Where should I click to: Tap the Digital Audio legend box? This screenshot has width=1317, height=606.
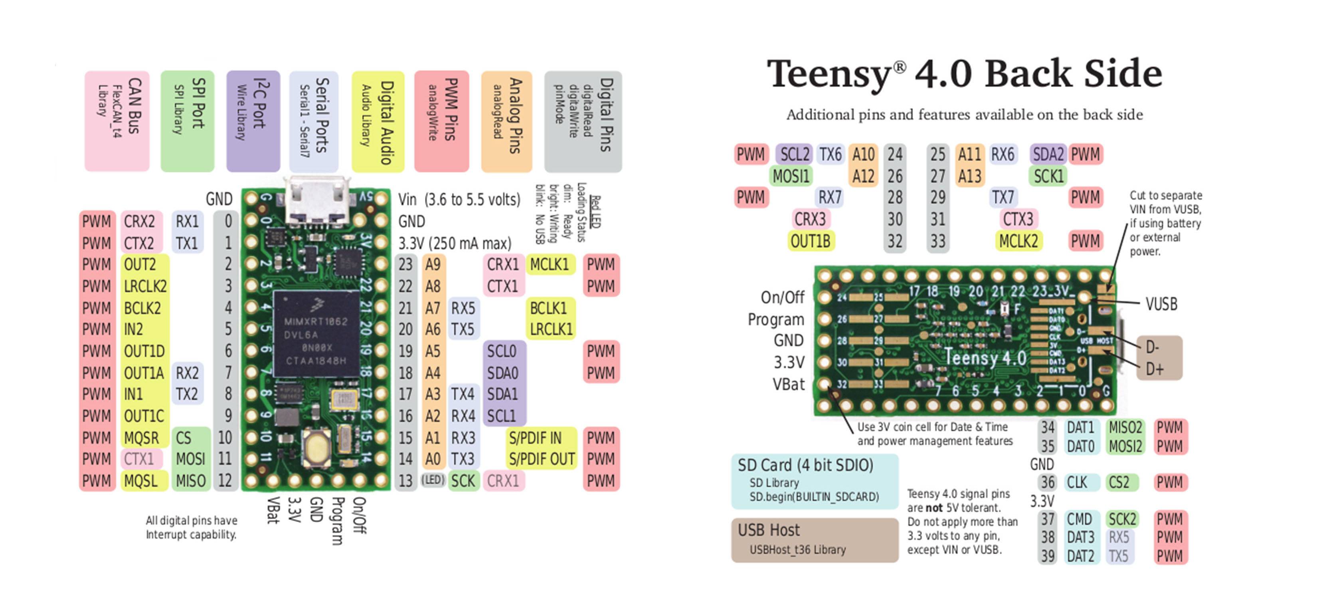coord(378,122)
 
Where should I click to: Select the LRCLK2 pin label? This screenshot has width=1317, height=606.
coord(145,286)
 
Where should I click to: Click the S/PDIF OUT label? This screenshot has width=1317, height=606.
coord(542,459)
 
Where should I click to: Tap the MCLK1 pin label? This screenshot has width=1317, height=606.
coord(550,264)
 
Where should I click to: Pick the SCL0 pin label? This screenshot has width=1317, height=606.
coord(502,351)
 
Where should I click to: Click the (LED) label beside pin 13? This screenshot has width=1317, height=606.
coord(433,480)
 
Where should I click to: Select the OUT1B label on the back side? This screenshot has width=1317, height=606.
coord(810,241)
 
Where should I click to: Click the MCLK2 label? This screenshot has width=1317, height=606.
coord(1018,241)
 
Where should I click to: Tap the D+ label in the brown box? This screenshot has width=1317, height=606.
coord(1155,369)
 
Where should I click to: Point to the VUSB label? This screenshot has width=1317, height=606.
coord(1161,304)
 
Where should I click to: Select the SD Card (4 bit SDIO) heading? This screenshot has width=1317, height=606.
coord(805,465)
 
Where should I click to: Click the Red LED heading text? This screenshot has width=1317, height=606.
coord(595,212)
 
